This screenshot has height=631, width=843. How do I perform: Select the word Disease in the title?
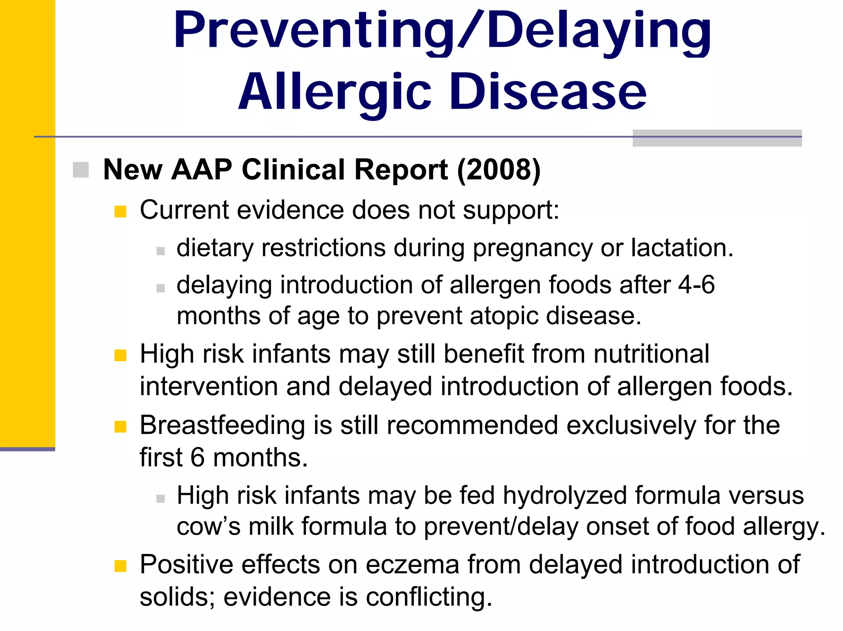[547, 91]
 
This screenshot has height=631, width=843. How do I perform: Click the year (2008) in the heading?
[499, 169]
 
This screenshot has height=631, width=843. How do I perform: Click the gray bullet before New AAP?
[81, 170]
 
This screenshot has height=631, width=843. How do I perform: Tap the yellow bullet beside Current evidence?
[120, 211]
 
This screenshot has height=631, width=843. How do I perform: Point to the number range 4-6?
[696, 285]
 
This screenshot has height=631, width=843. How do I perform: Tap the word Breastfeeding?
[222, 425]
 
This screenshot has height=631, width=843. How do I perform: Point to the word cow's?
[208, 527]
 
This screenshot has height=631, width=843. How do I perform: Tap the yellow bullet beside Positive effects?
[120, 566]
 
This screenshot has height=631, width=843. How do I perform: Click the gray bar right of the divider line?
[717, 138]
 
